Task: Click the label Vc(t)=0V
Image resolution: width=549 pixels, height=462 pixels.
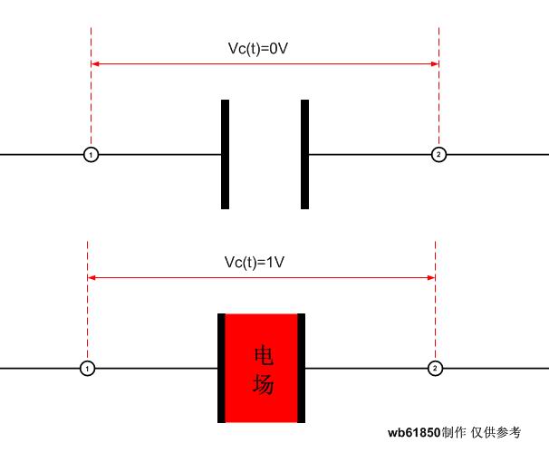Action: click(258, 48)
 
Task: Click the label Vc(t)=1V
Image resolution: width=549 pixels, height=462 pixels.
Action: click(255, 262)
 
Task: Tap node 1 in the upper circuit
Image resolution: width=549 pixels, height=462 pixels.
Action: click(91, 154)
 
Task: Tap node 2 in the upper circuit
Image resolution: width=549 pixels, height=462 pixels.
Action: click(438, 154)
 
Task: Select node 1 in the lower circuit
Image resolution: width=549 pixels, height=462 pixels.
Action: click(87, 368)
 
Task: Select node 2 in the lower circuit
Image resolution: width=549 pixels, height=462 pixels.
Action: click(435, 368)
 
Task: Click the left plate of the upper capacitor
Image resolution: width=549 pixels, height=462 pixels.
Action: click(226, 154)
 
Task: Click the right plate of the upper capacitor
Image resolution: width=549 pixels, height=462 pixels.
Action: click(305, 154)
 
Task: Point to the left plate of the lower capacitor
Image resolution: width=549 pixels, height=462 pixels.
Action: click(221, 368)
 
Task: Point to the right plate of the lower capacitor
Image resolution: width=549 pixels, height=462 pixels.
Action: click(301, 368)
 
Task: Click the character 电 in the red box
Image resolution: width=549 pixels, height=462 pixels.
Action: click(264, 356)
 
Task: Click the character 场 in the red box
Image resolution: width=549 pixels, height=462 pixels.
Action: click(264, 383)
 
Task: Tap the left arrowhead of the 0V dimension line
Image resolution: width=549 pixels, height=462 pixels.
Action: click(94, 63)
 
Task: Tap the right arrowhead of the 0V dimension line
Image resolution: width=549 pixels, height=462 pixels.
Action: click(435, 63)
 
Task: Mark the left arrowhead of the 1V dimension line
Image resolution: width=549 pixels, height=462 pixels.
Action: click(91, 277)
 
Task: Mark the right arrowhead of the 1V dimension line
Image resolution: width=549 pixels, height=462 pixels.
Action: click(431, 277)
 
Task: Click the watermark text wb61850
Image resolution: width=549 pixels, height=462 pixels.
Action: click(414, 433)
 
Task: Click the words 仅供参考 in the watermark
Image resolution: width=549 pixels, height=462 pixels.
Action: click(496, 433)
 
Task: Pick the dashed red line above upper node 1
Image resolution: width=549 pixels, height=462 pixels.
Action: click(91, 87)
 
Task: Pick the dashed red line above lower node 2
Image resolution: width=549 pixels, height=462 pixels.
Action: click(435, 301)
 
